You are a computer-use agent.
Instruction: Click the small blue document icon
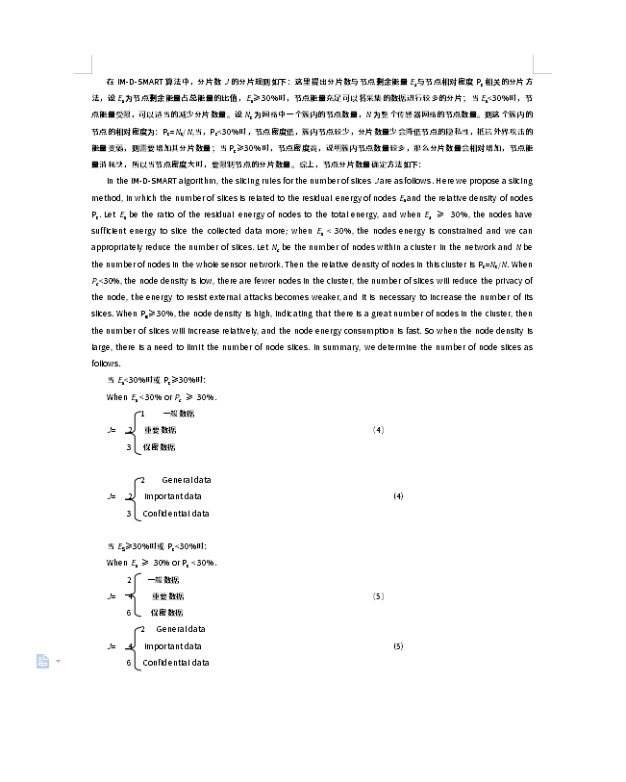42,661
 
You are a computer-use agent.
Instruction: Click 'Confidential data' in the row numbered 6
176,663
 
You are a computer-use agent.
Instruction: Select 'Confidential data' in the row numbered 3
176,514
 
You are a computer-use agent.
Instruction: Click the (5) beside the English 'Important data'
398,645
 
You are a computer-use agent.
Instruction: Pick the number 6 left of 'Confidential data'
128,663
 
